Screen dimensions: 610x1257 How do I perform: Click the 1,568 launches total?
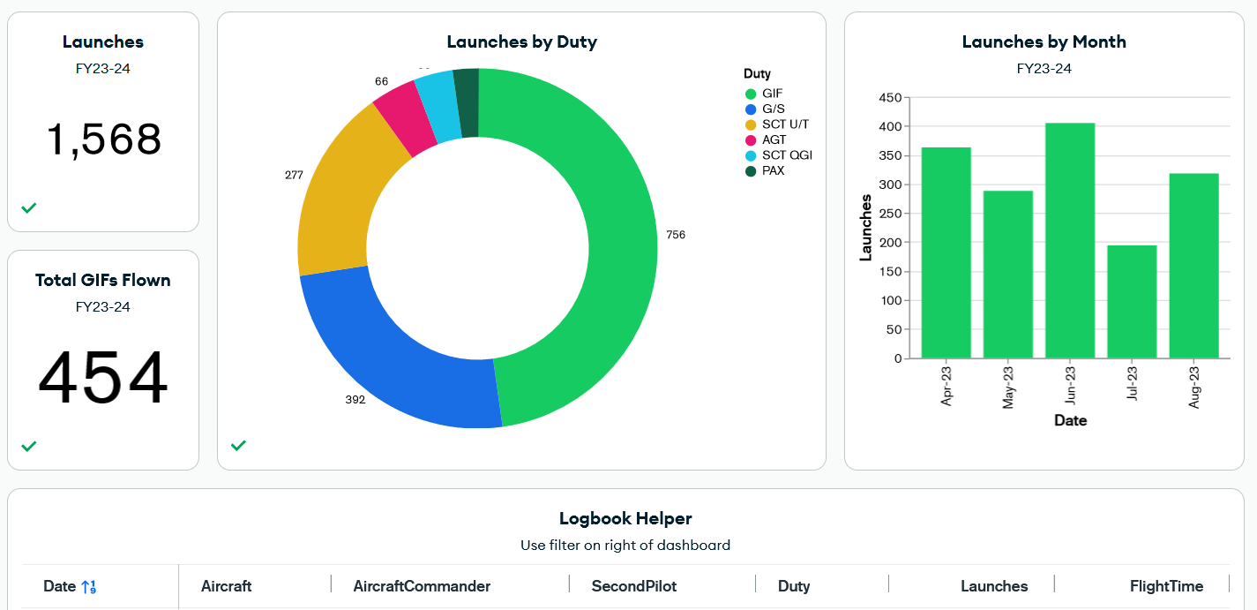tap(103, 140)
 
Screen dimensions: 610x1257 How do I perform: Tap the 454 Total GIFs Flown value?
tap(103, 379)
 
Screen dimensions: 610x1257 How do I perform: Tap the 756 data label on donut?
tap(676, 235)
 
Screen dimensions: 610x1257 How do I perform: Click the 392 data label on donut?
tap(355, 400)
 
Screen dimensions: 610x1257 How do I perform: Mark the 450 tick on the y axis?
tap(891, 98)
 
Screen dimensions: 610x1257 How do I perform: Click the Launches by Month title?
tap(1044, 42)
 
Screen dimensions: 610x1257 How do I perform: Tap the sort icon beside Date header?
tap(88, 587)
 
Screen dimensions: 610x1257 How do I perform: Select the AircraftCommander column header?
tap(422, 586)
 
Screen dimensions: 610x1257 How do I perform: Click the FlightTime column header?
tap(1166, 586)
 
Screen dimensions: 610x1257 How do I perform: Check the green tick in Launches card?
tap(29, 208)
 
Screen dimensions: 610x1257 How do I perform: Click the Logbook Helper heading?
tap(625, 519)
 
